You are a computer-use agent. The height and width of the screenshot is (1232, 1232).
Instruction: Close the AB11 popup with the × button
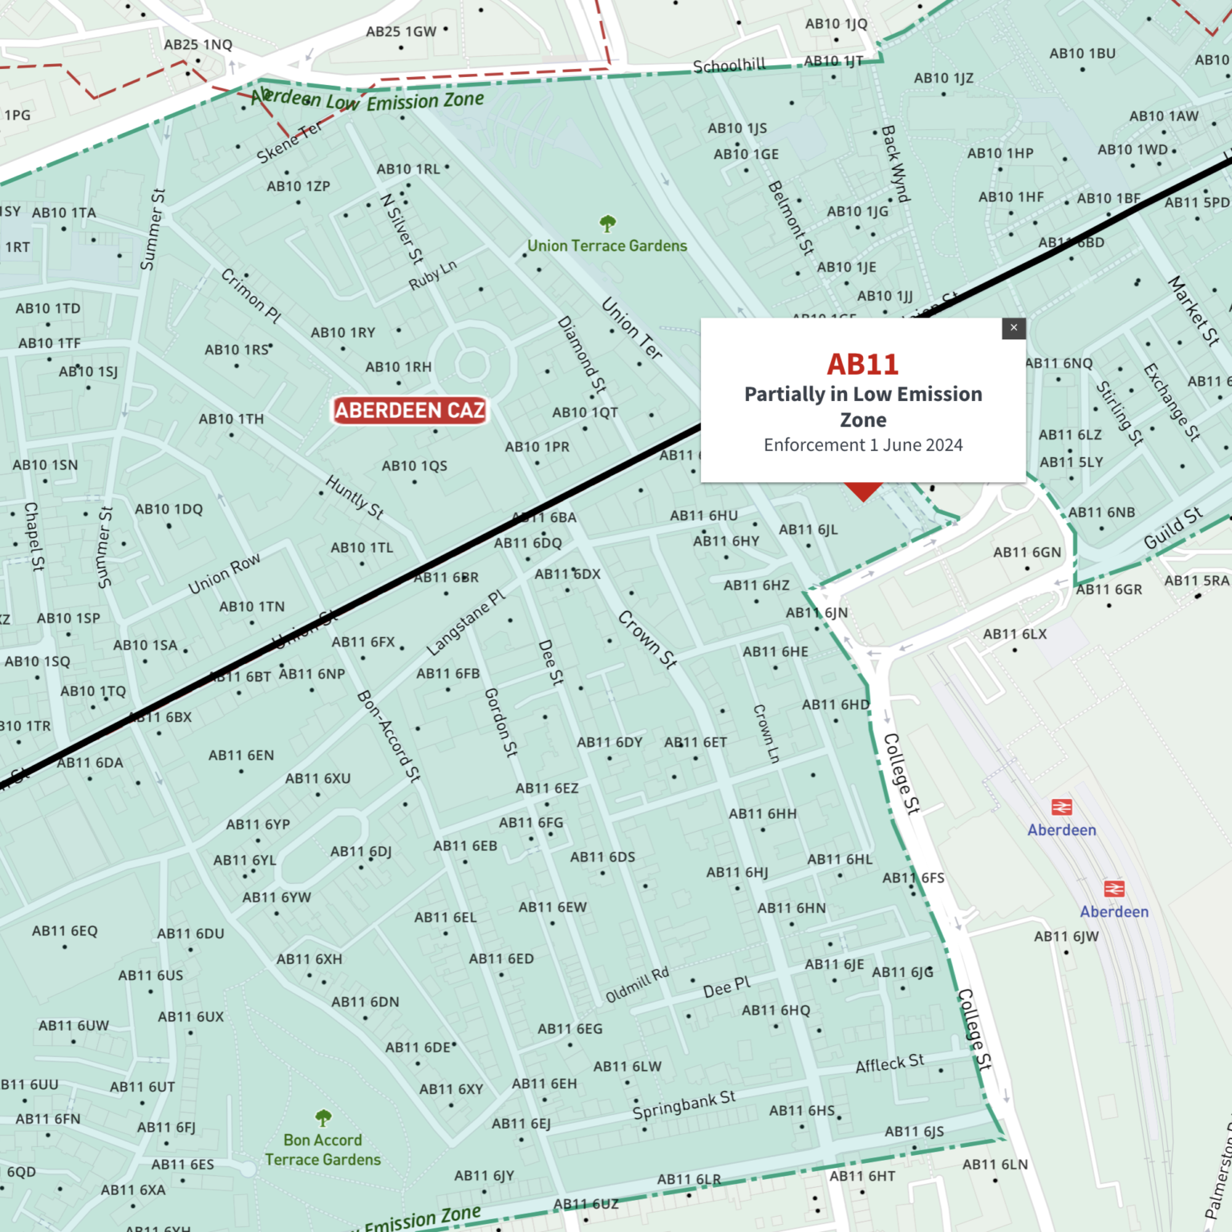pos(1014,328)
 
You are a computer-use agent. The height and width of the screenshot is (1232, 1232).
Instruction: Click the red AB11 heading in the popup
pos(863,365)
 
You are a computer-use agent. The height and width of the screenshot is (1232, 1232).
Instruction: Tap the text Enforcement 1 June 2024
pos(863,445)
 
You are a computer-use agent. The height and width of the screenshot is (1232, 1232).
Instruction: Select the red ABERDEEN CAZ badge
pos(410,411)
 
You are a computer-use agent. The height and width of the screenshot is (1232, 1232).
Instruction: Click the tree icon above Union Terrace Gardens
pos(607,223)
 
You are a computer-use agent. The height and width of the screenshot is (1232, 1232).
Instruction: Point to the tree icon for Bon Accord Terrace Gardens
pos(323,1117)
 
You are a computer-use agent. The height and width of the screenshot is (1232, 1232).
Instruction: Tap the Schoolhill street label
pos(729,66)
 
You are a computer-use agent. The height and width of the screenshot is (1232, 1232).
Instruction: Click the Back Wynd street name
pos(895,164)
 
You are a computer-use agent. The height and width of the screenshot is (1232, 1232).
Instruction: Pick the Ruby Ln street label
pos(432,275)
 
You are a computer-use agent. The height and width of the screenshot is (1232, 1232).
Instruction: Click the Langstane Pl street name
pos(466,622)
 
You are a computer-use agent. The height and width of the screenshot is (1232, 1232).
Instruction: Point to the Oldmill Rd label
pos(637,985)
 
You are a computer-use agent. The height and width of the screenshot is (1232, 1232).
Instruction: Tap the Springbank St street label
pos(683,1105)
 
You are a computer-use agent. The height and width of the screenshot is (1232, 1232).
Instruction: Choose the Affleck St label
pos(890,1064)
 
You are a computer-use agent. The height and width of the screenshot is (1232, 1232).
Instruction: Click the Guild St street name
pos(1173,528)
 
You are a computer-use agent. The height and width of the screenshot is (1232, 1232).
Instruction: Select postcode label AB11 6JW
pos(1066,936)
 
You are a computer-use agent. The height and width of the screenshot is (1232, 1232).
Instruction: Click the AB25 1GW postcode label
pos(401,32)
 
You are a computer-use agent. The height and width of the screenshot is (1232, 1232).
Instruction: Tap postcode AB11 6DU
pos(190,934)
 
